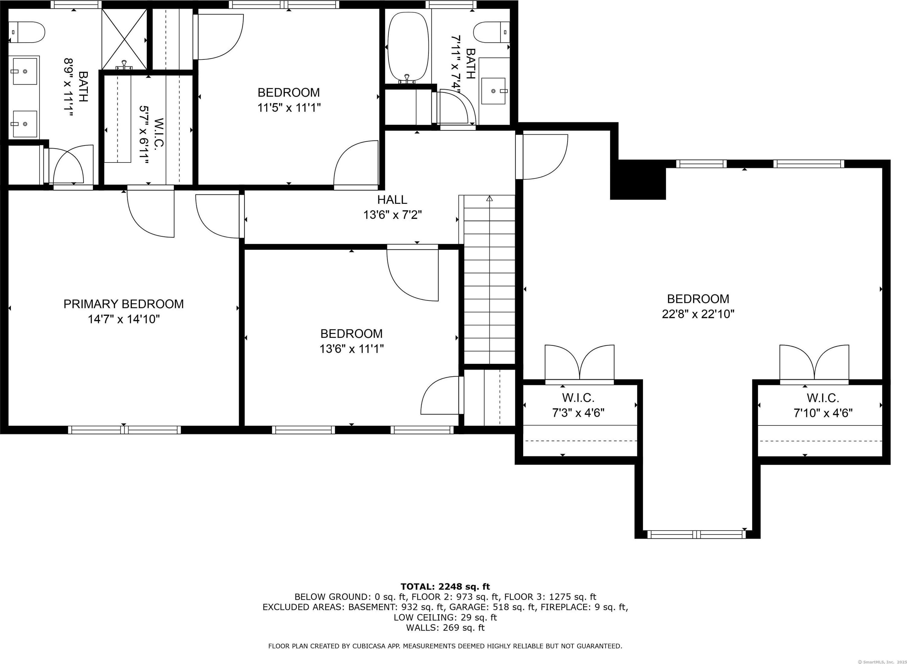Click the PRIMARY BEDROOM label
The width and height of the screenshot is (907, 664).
[x=124, y=304]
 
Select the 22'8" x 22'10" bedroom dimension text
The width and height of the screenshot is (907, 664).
[x=698, y=314]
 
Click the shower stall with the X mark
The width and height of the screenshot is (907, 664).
[x=125, y=39]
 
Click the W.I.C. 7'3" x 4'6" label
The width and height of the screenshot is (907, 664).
[x=578, y=405]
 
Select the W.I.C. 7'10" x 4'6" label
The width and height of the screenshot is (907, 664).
[x=823, y=406]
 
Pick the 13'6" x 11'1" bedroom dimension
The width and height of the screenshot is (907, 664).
[x=352, y=349]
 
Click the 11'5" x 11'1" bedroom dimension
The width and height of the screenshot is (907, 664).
[x=289, y=108]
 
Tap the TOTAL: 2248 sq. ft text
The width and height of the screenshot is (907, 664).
[x=445, y=586]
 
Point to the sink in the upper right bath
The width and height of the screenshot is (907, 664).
[x=494, y=91]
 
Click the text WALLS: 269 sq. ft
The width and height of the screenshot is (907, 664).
[x=445, y=628]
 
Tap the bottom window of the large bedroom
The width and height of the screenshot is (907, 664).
[x=696, y=534]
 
